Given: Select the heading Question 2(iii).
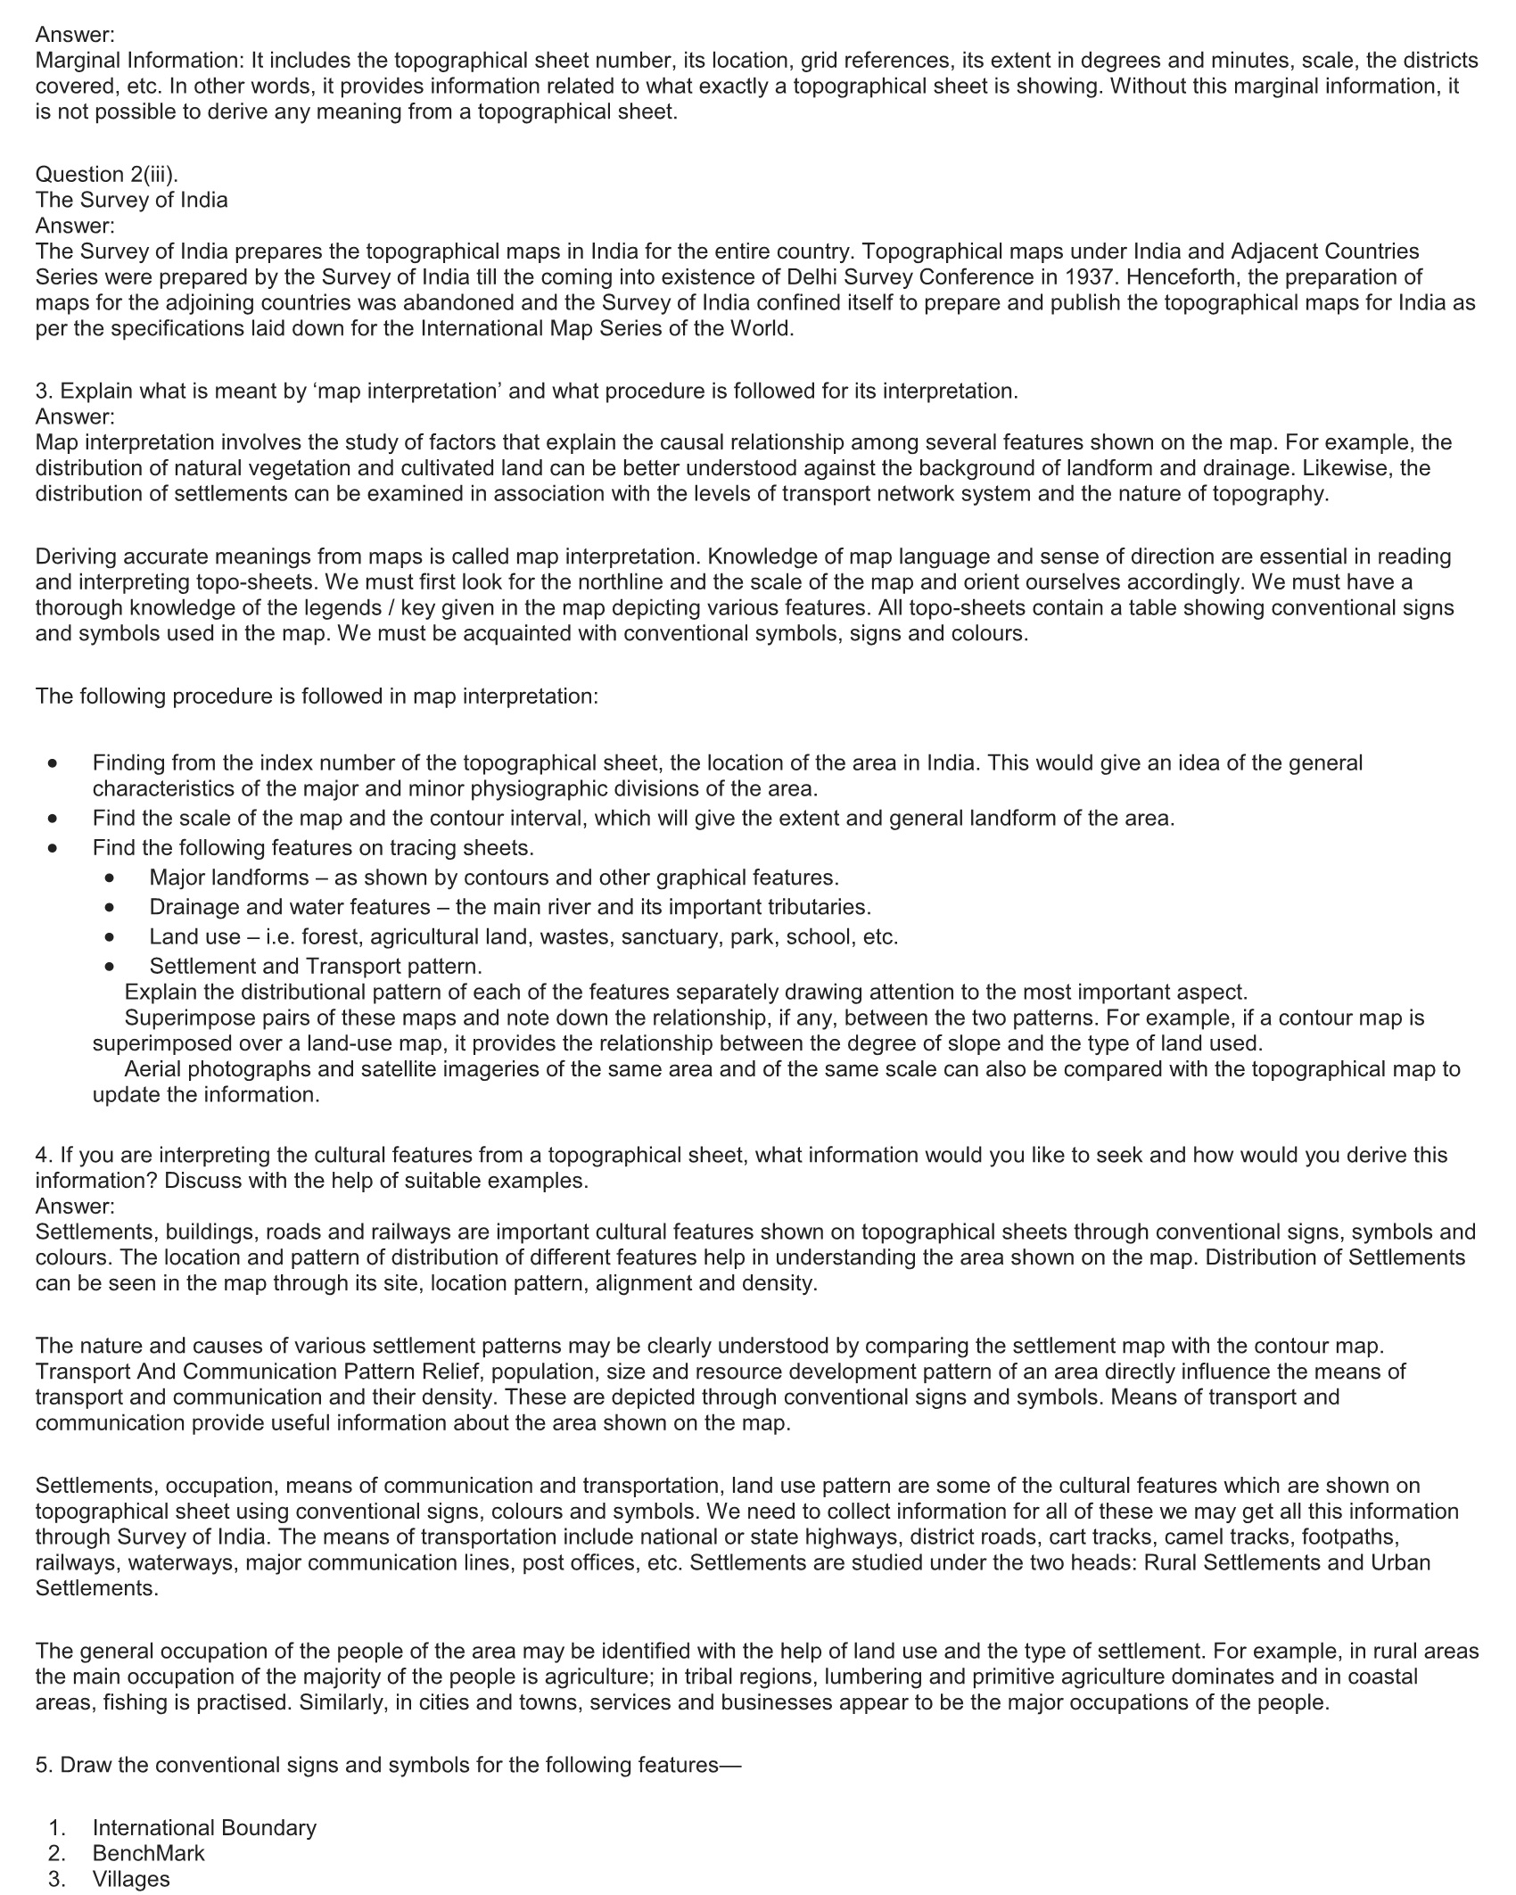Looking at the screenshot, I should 107,174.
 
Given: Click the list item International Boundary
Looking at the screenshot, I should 204,1827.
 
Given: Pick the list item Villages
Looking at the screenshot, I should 131,1878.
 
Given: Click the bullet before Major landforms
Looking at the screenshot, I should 110,878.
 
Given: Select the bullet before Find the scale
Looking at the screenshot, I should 54,819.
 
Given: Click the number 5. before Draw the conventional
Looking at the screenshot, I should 45,1764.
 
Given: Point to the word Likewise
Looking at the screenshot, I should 1344,468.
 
